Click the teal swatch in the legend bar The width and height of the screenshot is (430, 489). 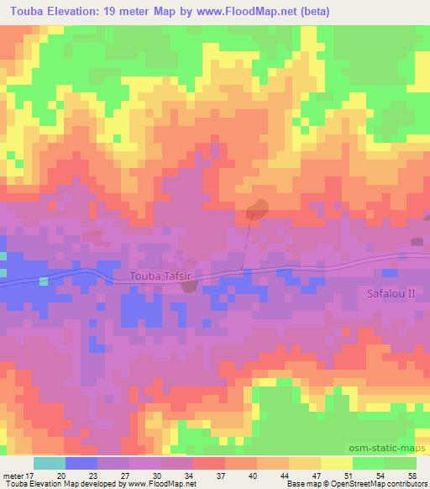tap(50, 463)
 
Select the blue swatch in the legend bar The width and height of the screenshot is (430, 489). tap(81, 463)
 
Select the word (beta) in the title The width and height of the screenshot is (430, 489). tap(311, 13)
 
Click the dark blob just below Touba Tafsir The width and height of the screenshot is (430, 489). tap(190, 287)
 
